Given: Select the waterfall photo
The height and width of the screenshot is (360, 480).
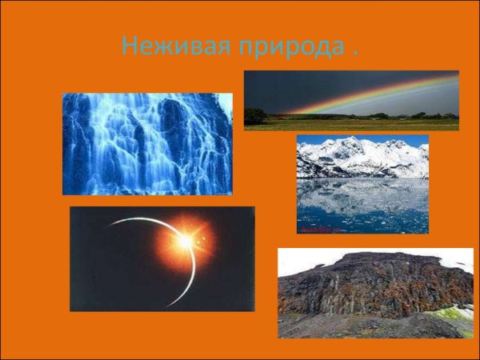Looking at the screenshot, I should (x=147, y=144).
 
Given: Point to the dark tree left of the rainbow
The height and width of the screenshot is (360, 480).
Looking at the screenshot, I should (x=255, y=115).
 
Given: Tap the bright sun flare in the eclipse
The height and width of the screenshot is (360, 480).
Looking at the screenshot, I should (x=186, y=238).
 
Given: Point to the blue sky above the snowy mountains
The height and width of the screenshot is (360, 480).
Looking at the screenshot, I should (x=320, y=140).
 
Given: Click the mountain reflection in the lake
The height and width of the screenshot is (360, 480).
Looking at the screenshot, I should (x=360, y=192).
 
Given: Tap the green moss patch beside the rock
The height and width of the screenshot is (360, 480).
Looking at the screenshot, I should (x=459, y=314).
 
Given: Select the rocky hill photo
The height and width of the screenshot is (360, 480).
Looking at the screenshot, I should (x=375, y=293).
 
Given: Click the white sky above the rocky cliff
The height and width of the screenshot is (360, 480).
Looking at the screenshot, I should (x=304, y=258).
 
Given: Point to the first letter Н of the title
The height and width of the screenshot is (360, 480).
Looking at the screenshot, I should (x=129, y=46).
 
